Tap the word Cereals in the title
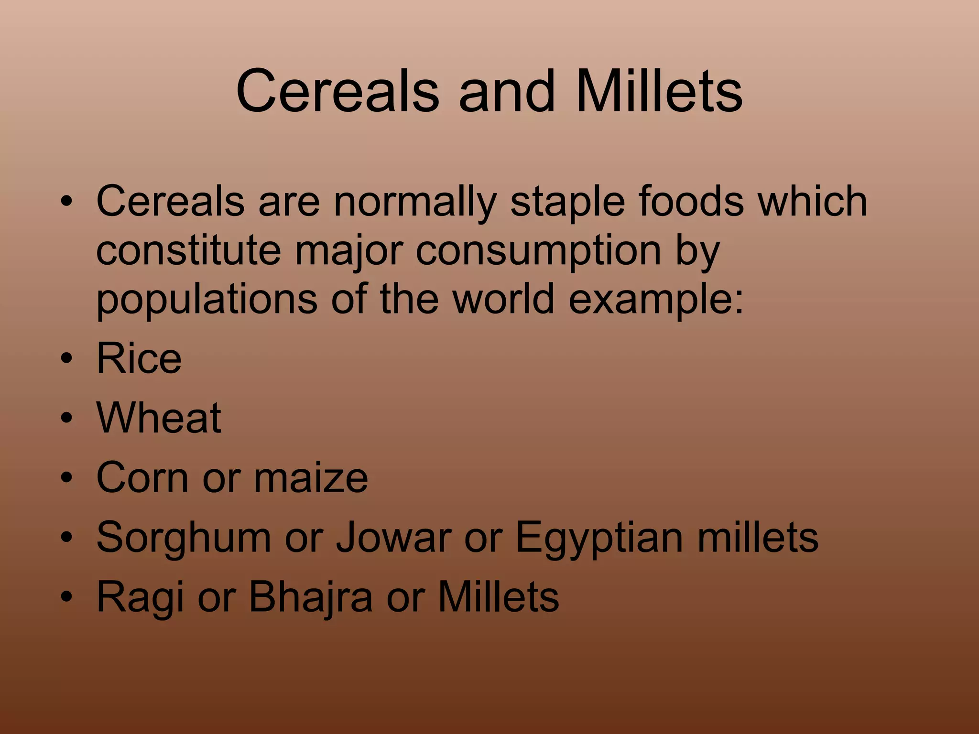click(337, 91)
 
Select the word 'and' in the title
click(507, 91)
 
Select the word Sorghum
click(184, 538)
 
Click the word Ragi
click(140, 597)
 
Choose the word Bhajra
click(310, 597)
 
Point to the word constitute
click(188, 250)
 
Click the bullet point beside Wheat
click(67, 418)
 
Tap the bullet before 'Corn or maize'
click(67, 478)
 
